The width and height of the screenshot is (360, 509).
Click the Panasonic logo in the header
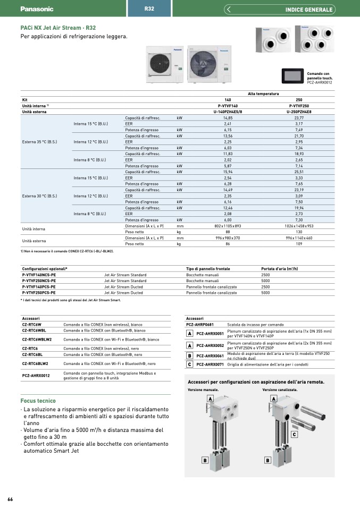coord(37,9)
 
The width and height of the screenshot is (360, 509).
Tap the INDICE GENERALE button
coord(308,9)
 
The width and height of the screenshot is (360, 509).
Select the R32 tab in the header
coord(149,9)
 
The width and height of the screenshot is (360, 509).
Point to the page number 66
coord(10,499)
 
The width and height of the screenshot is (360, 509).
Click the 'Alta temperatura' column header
coord(263,94)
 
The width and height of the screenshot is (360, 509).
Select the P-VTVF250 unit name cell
coord(298,106)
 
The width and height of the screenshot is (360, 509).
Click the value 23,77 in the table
coord(298,117)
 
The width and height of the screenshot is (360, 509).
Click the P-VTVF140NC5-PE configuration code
coord(39,275)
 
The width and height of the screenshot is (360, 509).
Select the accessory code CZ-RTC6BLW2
coord(35,364)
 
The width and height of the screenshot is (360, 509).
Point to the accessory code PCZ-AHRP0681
coord(200,324)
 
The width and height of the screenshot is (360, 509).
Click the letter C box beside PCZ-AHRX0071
coord(189,364)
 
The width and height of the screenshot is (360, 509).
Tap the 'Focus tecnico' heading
coord(38,401)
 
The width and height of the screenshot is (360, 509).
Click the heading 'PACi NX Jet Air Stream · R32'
coord(58,28)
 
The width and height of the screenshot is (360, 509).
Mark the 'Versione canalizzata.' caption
coord(280,389)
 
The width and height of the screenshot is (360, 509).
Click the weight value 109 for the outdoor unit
coord(298,244)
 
